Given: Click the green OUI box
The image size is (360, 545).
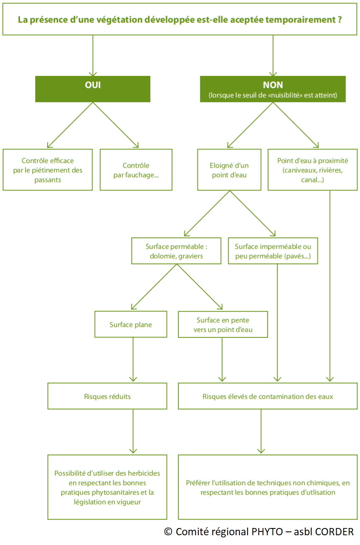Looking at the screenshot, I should coord(93,89).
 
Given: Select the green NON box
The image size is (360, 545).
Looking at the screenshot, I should coord(273,89).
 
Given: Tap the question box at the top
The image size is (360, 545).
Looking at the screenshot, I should coord(180,19).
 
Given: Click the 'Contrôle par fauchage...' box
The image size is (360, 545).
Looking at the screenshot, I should coord(136,169).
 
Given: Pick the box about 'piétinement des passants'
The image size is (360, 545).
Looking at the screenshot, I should coord(48,169).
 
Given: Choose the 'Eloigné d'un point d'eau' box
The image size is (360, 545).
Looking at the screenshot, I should coord(229,169).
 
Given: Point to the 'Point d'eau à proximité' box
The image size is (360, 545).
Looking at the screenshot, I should coord(312,169).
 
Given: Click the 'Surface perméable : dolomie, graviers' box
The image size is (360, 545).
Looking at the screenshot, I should coord(176,251).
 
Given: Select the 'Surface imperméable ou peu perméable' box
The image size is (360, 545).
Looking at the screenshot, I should coord(273,251).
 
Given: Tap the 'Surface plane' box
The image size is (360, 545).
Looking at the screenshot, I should coord(131,325).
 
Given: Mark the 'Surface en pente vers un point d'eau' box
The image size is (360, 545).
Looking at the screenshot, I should coord(223,325).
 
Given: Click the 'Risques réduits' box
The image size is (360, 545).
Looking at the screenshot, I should coord(107,396).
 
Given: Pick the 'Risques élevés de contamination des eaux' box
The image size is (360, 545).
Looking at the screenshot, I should coord(267,396).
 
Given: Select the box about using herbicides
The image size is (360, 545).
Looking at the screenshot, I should coord(107,487).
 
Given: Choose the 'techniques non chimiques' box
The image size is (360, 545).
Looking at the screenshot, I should coord(267,487).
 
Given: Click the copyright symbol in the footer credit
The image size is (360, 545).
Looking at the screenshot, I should coord(168,532).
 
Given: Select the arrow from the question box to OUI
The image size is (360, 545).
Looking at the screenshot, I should coord(93,55).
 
